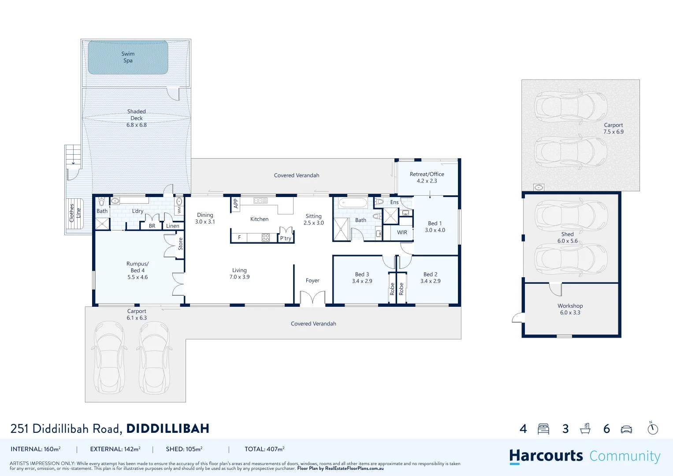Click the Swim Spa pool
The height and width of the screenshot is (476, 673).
click(128, 57)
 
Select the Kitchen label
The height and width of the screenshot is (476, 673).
click(259, 219)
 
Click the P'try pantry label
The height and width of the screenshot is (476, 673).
click(286, 238)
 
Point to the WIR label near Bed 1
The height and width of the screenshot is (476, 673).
click(402, 233)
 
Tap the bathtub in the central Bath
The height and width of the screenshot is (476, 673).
click(353, 203)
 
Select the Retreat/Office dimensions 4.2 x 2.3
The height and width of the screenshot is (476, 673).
click(427, 181)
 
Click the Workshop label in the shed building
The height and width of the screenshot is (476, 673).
click(570, 306)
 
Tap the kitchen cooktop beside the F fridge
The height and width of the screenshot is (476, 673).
click(266, 238)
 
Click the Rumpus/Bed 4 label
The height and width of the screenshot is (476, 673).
click(138, 267)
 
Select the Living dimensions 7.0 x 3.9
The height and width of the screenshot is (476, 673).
click(239, 277)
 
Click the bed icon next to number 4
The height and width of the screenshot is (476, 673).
click(543, 429)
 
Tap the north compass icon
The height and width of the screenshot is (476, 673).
click(653, 428)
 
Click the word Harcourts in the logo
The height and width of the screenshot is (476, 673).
click(546, 456)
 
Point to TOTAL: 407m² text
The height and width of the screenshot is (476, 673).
click(264, 449)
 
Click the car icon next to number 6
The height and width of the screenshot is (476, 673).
click(626, 429)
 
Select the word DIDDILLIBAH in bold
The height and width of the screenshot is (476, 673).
click(167, 429)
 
